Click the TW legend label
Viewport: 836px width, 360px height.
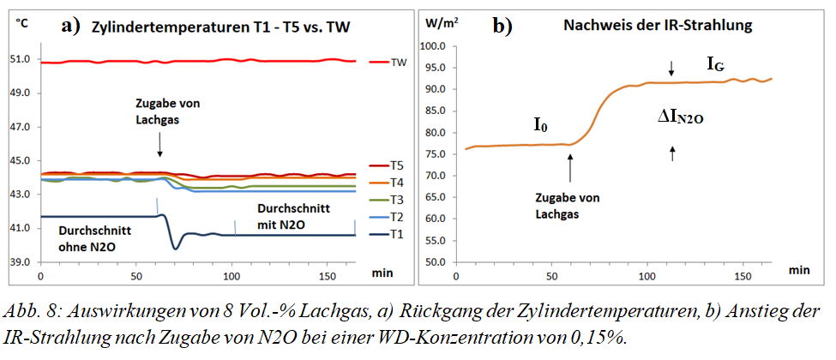399,63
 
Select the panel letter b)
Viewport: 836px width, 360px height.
502,25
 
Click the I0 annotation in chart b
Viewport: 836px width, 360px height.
540,126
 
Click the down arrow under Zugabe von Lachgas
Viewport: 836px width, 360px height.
159,147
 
